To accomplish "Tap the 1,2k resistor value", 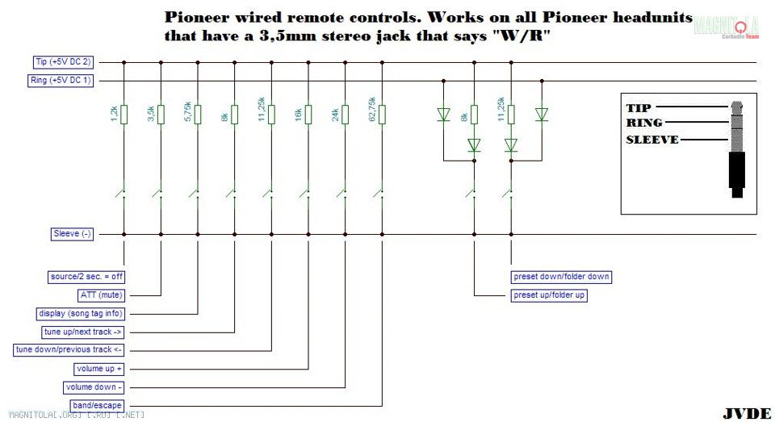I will point(115,114).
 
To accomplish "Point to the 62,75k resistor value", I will point(373,111).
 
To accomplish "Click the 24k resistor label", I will point(336,114).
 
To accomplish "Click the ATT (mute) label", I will point(99,295).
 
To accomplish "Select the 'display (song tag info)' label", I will point(81,314).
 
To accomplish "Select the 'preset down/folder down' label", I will point(561,277).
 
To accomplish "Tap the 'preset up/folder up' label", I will point(550,295).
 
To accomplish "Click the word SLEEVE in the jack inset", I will point(652,140).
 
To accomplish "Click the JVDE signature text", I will point(746,413).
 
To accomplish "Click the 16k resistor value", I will point(299,114).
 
